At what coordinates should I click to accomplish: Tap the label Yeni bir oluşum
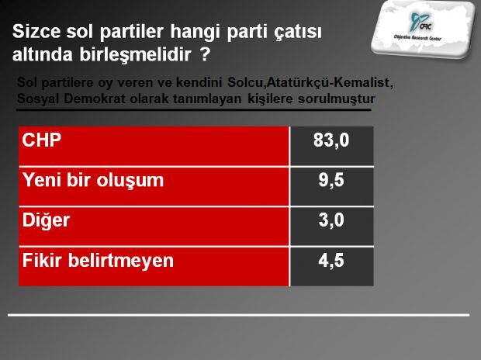pos(94,181)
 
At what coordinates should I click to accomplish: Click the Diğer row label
pos(47,220)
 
